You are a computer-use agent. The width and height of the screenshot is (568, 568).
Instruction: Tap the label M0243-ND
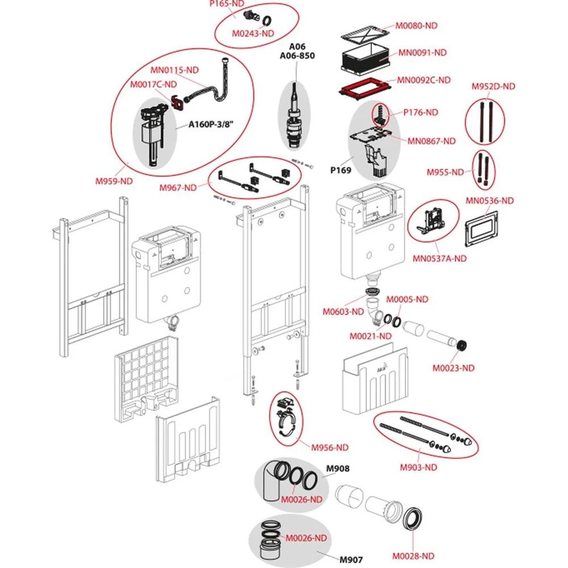[x=253, y=33]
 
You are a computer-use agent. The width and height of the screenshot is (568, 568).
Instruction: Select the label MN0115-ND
[x=174, y=70]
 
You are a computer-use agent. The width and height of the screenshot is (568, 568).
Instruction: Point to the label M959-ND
[x=114, y=182]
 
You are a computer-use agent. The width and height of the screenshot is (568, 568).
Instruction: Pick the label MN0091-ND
[x=422, y=52]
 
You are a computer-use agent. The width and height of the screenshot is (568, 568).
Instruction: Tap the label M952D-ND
[x=493, y=86]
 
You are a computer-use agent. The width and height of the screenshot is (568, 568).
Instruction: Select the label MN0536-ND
[x=490, y=201]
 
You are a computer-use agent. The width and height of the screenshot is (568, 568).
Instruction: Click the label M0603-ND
[x=343, y=311]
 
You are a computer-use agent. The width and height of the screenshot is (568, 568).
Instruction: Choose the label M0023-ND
[x=453, y=368]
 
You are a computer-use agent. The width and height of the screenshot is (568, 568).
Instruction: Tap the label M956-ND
[x=329, y=447]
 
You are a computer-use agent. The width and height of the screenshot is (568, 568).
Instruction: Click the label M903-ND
[x=418, y=467]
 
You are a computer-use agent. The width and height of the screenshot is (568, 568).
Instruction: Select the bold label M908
[x=337, y=469]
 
